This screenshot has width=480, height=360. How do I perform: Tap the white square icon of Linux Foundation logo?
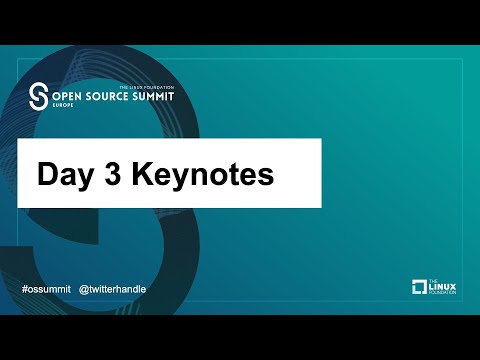pos(420,288)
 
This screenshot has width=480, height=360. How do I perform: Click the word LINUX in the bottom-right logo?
pos(442,287)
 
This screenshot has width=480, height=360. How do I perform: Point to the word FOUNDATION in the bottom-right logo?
pos(442,294)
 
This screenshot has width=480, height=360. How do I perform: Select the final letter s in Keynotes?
pos(267,176)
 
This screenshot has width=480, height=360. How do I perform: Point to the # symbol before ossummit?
pos(24,288)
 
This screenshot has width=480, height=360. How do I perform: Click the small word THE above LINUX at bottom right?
pos(433,281)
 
